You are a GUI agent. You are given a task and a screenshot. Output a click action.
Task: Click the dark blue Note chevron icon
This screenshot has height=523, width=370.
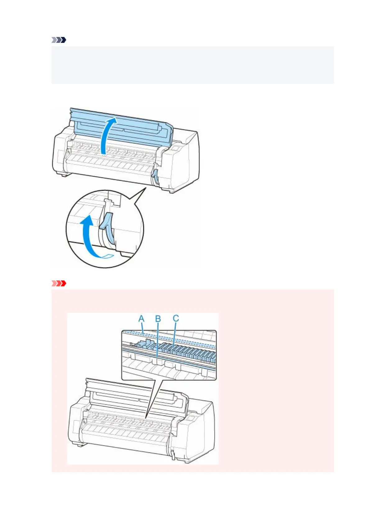click(x=59, y=40)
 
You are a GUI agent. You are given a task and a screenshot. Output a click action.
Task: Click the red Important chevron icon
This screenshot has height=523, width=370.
click(x=59, y=283)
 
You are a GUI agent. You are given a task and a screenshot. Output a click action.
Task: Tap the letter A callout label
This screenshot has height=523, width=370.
click(x=141, y=318)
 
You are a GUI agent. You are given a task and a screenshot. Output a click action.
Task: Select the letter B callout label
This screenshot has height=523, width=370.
click(x=158, y=319)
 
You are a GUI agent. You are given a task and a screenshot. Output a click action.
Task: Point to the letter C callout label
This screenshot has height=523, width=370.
click(x=176, y=318)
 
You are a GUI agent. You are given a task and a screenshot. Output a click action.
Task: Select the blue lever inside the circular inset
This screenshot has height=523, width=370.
click(x=107, y=228)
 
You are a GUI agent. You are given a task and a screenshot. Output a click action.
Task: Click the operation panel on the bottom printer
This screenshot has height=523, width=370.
click(x=191, y=418)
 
